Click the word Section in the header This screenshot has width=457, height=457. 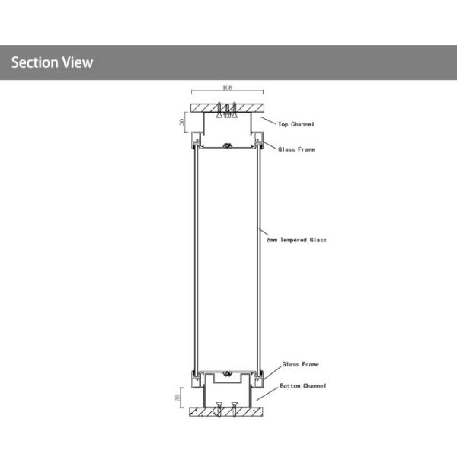(35, 62)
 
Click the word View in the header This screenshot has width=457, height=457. (78, 62)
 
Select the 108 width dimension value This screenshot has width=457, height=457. (227, 88)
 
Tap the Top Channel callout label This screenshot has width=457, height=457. (296, 124)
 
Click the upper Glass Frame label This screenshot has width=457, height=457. (296, 149)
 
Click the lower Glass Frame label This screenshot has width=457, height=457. (301, 364)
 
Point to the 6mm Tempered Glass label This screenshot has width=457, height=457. (297, 240)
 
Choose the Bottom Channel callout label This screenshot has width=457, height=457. (303, 386)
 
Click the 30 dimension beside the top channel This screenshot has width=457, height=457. (182, 122)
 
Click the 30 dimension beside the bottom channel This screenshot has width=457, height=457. (177, 398)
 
